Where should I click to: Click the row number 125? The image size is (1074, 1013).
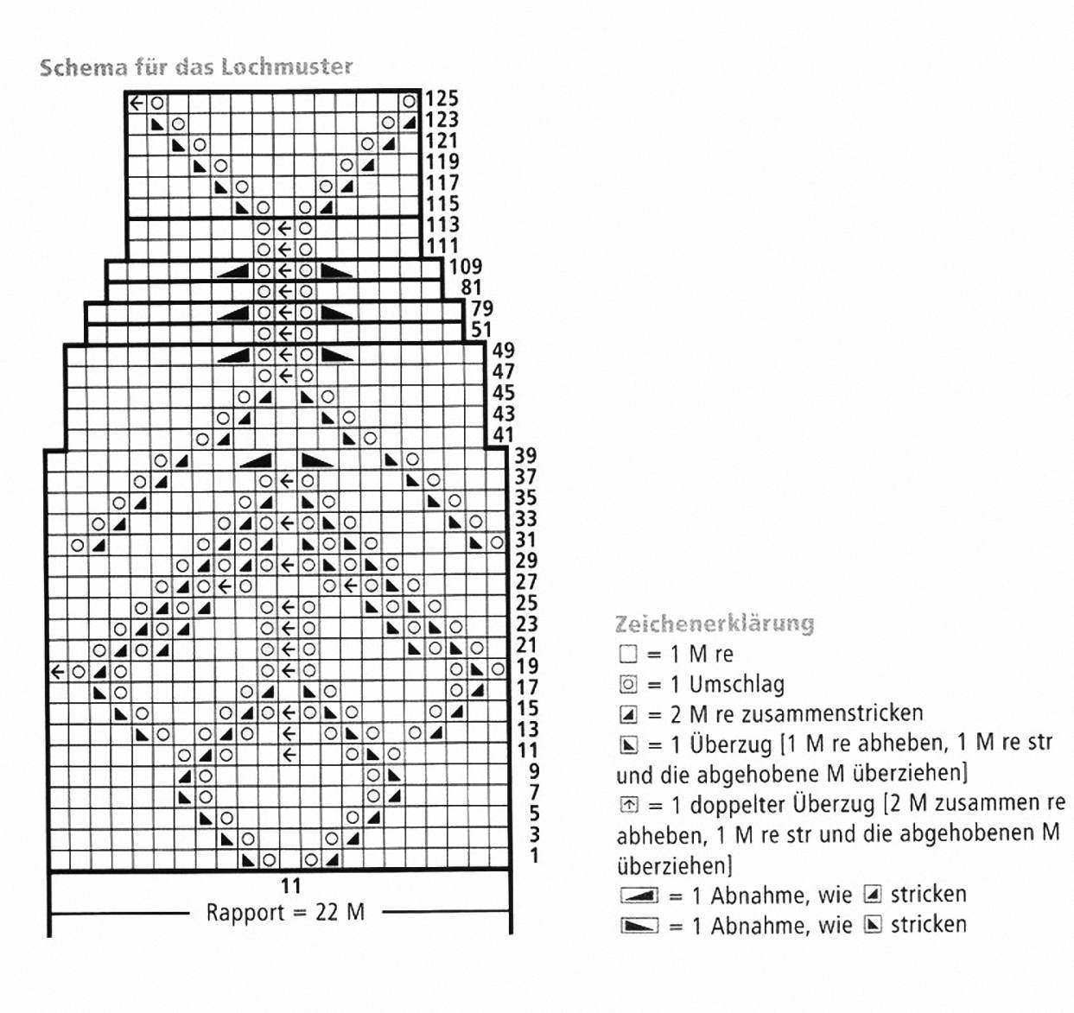click(442, 99)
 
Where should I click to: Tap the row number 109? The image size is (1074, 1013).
click(465, 267)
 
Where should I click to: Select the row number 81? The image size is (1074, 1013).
click(472, 288)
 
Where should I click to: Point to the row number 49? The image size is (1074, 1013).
click(504, 351)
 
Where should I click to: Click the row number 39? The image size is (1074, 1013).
click(525, 456)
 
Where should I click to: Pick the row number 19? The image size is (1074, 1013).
click(527, 666)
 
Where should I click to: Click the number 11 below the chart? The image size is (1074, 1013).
click(290, 886)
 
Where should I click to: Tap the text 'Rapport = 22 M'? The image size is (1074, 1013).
click(285, 913)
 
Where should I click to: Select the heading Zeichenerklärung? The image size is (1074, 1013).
click(715, 624)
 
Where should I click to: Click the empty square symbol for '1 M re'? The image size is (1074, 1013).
click(628, 655)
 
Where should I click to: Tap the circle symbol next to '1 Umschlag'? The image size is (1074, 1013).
click(628, 685)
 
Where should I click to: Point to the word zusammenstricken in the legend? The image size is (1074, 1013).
click(832, 713)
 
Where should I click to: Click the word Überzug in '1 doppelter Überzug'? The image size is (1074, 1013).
click(836, 805)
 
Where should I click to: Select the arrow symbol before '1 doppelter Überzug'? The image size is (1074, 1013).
click(628, 806)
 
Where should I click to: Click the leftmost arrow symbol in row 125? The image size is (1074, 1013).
click(137, 102)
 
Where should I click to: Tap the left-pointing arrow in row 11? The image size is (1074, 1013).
click(289, 754)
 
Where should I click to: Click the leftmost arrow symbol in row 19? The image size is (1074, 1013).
click(57, 672)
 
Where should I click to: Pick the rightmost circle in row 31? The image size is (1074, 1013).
click(497, 543)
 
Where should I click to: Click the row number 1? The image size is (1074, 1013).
click(534, 856)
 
